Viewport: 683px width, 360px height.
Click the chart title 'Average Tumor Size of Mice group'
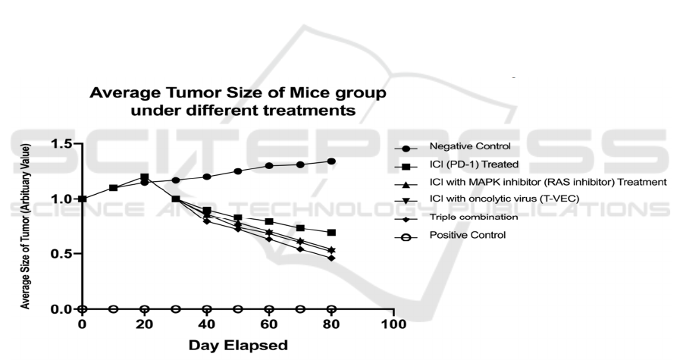coord(238,94)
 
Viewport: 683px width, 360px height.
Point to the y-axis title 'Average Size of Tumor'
coord(27,227)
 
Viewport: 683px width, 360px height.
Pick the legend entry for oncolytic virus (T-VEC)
coord(504,199)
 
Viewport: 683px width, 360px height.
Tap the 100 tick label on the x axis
coord(393,326)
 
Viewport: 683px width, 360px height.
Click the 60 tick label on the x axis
coord(268,326)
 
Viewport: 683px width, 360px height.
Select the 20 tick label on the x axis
coord(144,326)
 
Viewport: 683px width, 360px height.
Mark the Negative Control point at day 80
coord(331,161)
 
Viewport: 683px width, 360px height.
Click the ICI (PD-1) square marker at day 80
coord(331,232)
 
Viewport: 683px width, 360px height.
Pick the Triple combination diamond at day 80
coord(331,258)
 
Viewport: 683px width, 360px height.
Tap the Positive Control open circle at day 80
coord(331,309)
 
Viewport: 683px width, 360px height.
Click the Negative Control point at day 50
coord(238,171)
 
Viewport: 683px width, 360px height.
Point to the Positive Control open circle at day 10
coord(113,309)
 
